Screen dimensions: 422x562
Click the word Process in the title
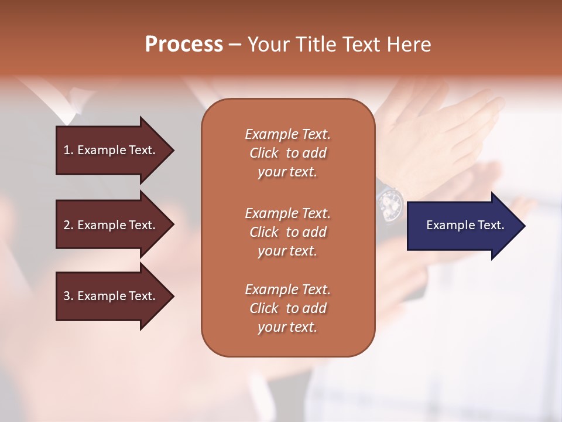click(x=184, y=45)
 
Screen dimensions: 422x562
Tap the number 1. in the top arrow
click(x=68, y=150)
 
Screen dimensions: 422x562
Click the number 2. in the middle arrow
click(x=68, y=225)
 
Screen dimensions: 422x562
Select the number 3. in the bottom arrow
click(x=68, y=296)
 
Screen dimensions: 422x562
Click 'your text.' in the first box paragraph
click(x=287, y=172)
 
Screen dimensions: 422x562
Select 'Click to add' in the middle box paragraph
click(x=287, y=232)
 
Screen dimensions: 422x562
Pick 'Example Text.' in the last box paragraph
click(x=287, y=290)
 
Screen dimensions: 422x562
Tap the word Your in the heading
click(x=268, y=45)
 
